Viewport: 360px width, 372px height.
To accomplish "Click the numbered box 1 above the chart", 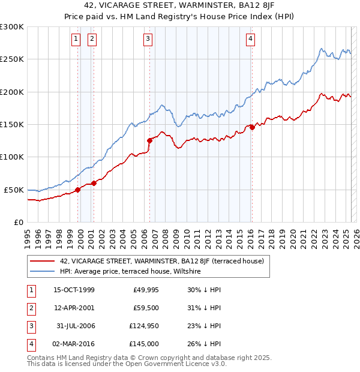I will [77, 39].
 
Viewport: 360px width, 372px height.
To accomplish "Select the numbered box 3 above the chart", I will [148, 39].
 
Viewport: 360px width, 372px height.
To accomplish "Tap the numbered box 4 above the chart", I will [250, 39].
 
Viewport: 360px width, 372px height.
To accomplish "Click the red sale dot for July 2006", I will [149, 140].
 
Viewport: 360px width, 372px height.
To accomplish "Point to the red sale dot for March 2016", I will [253, 127].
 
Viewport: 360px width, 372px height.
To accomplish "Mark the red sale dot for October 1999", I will [78, 190].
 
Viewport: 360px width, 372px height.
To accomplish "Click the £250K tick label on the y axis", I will [11, 59].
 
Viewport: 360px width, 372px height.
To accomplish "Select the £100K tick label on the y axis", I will [11, 157].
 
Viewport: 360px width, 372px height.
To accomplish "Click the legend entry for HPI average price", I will [130, 271].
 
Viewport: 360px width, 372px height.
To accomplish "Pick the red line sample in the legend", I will [41, 261].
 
